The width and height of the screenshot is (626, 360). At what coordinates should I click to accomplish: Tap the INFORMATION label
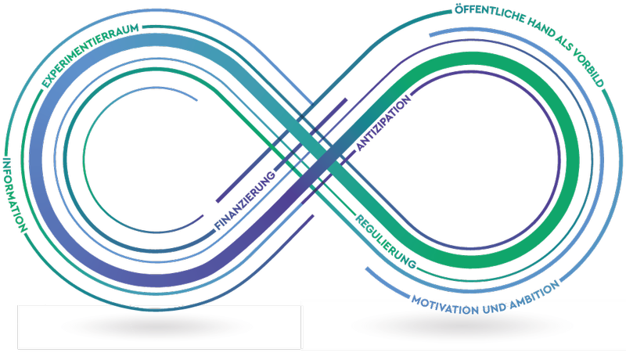click(15, 193)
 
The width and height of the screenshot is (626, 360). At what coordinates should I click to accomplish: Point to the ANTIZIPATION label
click(383, 125)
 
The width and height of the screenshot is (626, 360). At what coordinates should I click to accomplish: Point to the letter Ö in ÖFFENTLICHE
click(458, 11)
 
